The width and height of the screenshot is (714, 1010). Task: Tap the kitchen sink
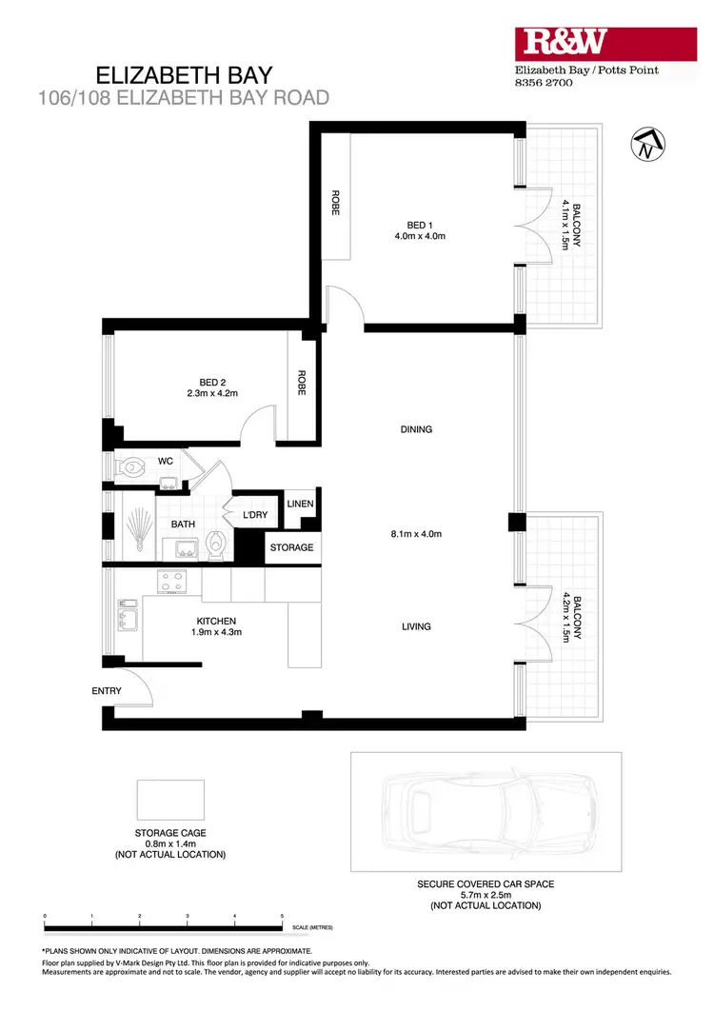point(128,619)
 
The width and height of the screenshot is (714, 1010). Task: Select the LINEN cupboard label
point(301,504)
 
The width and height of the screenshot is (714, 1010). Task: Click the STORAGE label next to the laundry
point(291,547)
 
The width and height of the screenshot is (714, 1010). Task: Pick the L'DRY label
point(254,515)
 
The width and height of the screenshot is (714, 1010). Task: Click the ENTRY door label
point(107,691)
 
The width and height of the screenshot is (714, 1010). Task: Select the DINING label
point(416,429)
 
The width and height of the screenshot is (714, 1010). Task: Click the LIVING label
point(416,626)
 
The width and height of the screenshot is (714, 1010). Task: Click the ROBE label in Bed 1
point(335,204)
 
